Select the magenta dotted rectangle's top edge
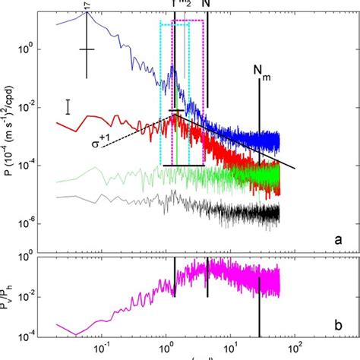pos(188,21)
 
